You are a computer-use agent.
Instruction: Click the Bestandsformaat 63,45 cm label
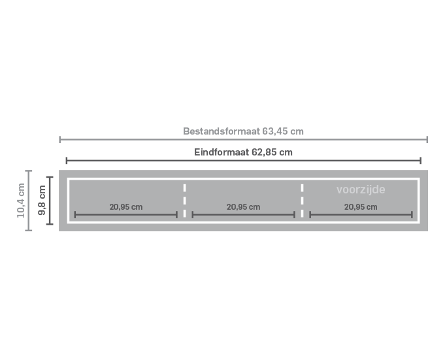pos(243,131)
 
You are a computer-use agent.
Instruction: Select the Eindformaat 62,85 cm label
pos(243,152)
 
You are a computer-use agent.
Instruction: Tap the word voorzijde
pos(361,189)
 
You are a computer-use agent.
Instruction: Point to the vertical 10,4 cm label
pos(21,201)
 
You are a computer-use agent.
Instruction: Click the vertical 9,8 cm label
pos(42,201)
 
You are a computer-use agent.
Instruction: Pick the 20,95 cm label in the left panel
pos(126,207)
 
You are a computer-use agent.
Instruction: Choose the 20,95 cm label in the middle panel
pos(243,207)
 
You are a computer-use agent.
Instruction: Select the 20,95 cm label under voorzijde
pos(361,207)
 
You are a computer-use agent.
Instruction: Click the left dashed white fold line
pos(185,201)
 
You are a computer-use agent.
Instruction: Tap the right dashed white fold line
pos(303,201)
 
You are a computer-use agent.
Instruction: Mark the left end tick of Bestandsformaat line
pos(60,139)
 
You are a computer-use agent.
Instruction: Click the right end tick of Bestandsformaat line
pos(427,139)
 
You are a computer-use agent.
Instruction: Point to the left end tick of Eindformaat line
pos(67,161)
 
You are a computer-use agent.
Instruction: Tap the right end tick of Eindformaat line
pos(421,161)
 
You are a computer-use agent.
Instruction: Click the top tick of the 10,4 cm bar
pos(28,171)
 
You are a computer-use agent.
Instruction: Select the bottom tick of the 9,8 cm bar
pos(50,224)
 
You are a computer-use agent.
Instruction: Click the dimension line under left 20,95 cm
pos(126,215)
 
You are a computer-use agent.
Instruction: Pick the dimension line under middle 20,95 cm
pos(244,215)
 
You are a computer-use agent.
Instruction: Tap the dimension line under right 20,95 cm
pos(361,215)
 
